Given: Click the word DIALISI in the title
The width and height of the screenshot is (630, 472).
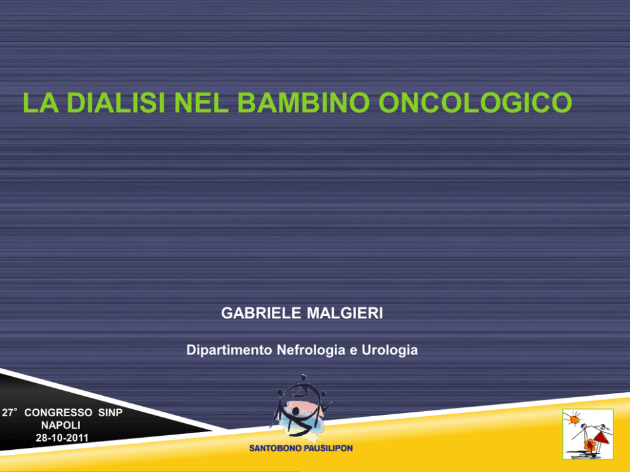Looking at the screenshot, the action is tap(116, 103).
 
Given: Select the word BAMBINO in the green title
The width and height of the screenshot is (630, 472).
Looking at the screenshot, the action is tap(304, 103).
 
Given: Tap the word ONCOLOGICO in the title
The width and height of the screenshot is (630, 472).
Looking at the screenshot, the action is tap(475, 103).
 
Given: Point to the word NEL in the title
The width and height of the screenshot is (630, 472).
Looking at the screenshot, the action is tap(201, 103).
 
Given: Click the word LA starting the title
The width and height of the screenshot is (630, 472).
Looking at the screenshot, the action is tap(41, 103).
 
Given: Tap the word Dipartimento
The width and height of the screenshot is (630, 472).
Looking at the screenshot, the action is tap(229, 350).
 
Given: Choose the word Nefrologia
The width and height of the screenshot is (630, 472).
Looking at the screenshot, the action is tap(311, 350).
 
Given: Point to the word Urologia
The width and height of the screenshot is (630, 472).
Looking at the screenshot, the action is tap(390, 350).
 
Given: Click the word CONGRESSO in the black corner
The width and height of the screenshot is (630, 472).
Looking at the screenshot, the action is tap(58, 412).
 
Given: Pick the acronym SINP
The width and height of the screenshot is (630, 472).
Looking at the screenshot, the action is tap(110, 412).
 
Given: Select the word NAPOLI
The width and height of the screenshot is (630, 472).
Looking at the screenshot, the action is tap(61, 425).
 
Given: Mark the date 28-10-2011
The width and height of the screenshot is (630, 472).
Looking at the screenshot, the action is tap(62, 438).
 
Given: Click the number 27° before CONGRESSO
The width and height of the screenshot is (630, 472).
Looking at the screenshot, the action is tap(10, 412).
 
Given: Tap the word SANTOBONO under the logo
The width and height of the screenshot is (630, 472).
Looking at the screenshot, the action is tap(274, 449).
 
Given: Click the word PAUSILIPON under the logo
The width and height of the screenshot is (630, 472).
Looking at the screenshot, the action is tap(326, 449).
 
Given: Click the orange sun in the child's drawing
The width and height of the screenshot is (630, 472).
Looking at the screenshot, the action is tap(573, 419).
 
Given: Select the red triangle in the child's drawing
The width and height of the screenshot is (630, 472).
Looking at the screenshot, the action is tap(601, 438).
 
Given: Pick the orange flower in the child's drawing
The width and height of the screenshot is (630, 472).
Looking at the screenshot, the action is tap(590, 445).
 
